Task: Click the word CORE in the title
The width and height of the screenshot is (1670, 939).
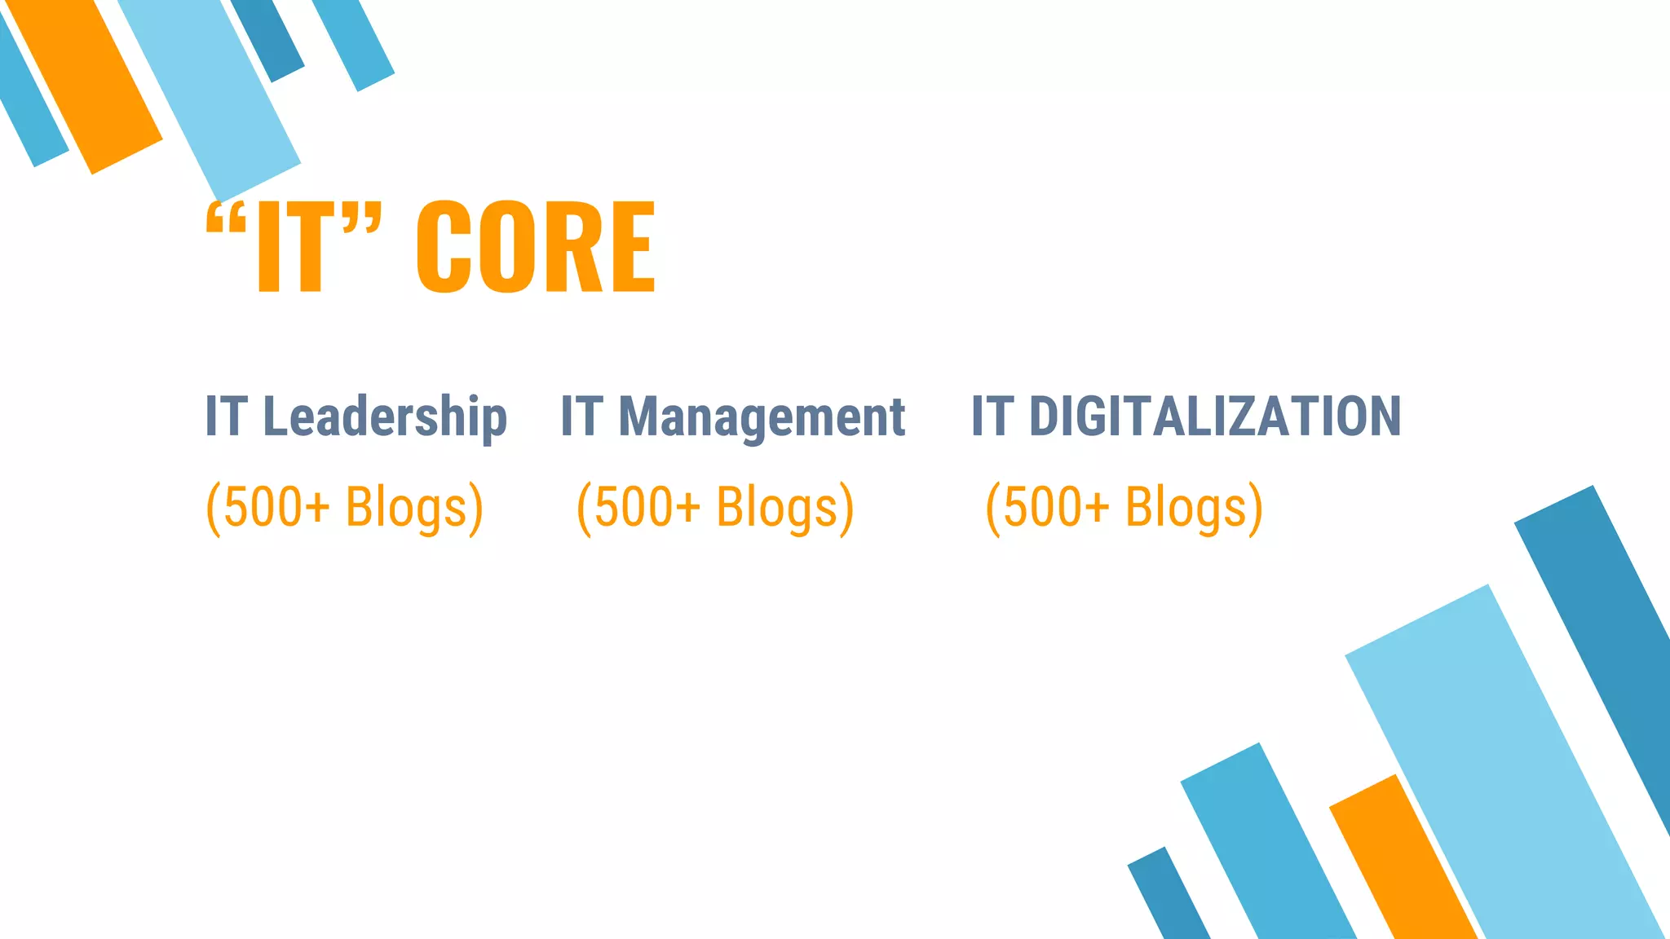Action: coord(536,246)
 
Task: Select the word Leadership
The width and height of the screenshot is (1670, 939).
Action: coord(385,417)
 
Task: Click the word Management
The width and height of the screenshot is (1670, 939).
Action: coord(762,417)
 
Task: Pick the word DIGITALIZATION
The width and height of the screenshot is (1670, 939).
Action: coord(1215,416)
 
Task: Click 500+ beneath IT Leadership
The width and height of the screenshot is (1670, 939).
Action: coord(276,507)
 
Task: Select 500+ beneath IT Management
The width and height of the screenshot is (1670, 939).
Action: coord(647,507)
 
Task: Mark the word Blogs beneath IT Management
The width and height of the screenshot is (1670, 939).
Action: coord(776,507)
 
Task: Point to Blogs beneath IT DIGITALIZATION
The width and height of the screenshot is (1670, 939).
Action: coord(1186,507)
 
